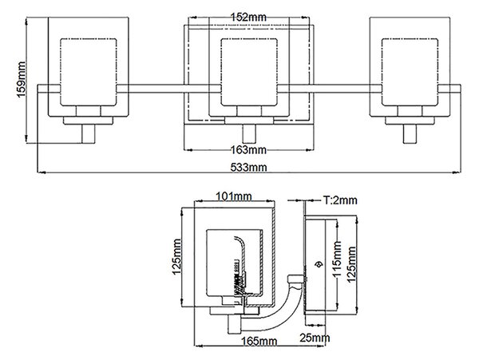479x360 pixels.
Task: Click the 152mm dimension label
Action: point(247,17)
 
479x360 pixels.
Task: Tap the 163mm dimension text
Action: point(248,150)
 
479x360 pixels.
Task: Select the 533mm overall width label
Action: point(248,168)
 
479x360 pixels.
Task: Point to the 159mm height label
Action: point(22,79)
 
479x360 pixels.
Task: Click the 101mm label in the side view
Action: point(234,196)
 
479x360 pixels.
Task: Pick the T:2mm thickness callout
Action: point(340,200)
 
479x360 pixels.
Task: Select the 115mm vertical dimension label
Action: point(337,259)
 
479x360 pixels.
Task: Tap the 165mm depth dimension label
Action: point(259,341)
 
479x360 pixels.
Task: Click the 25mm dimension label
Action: point(315,338)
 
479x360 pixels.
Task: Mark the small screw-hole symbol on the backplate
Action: point(318,264)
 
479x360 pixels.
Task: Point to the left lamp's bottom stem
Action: point(89,134)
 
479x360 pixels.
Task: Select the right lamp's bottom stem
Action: point(410,134)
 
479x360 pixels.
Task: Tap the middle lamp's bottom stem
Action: point(249,134)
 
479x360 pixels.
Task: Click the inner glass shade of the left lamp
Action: point(89,72)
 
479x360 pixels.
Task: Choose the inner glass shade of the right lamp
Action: point(410,72)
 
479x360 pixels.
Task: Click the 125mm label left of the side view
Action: point(176,257)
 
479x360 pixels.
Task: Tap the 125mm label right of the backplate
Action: point(352,264)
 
